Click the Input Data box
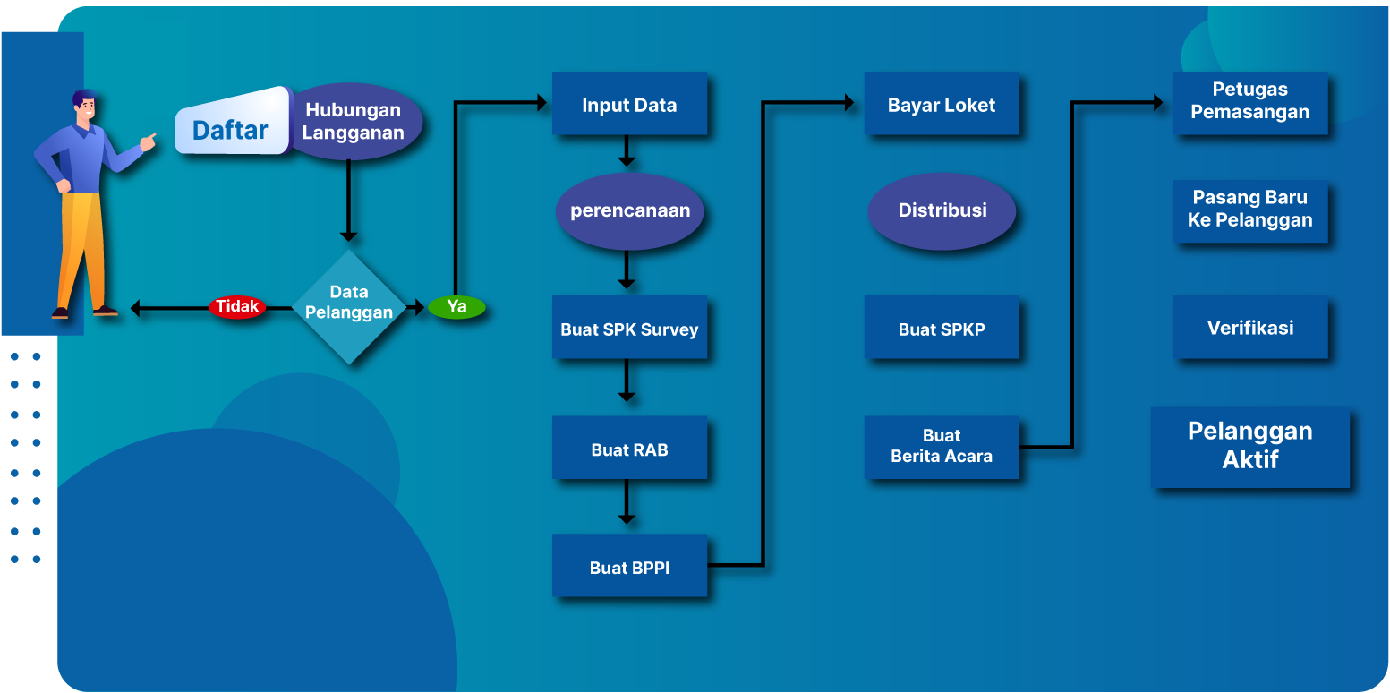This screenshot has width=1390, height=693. click(629, 104)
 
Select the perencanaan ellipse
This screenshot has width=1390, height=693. click(630, 211)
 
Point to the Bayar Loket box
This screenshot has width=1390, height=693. click(942, 104)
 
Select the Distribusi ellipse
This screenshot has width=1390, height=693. click(942, 211)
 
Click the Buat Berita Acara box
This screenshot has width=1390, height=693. click(942, 446)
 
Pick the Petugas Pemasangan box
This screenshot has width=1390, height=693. click(1249, 102)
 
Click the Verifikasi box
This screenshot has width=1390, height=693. click(1249, 328)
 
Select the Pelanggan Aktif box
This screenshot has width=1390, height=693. click(1249, 446)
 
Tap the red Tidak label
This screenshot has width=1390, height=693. click(237, 307)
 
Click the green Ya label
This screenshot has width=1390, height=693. click(456, 307)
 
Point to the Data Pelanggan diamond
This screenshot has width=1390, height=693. click(349, 305)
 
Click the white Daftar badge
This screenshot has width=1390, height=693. click(231, 131)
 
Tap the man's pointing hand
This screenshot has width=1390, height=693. click(148, 141)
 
